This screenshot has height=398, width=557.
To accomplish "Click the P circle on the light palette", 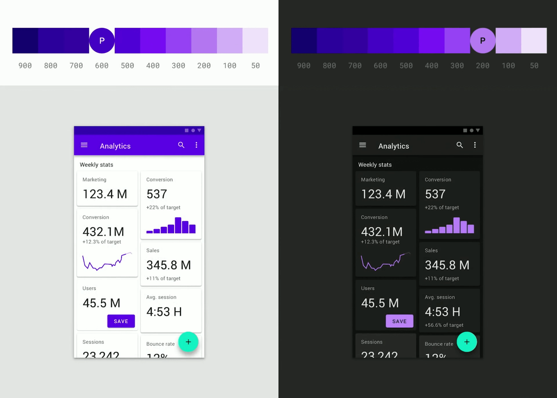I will coord(102,41).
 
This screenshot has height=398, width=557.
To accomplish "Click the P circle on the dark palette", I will coord(482,41).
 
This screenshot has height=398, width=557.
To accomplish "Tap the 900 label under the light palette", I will coord(25,66).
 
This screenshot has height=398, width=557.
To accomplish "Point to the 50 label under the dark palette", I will coord(534,66).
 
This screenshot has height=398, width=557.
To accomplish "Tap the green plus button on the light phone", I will coord(188,342).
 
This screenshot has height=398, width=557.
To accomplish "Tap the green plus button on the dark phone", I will coord(467,342).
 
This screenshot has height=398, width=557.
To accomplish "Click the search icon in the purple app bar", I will coord(181,145).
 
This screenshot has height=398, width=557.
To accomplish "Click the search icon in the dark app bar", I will coord(460,145).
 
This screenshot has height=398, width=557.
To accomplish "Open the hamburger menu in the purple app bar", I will coord(84,145).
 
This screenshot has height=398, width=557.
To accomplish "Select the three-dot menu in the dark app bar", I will coord(475,145).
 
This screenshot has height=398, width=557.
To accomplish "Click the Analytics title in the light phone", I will coord(115,146).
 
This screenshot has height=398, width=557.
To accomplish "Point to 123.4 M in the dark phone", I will coord(383,194).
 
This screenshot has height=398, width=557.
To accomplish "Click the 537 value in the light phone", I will coord(157,194).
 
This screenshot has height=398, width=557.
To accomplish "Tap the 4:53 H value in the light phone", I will coord(164,312).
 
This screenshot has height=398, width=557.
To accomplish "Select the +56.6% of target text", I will coord(444,325).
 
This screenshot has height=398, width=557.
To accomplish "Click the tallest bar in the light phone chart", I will coord(178,225).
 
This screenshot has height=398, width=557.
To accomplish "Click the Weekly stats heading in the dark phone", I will coord(375,165).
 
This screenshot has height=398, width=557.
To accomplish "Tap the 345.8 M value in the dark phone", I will coord(447,265).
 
